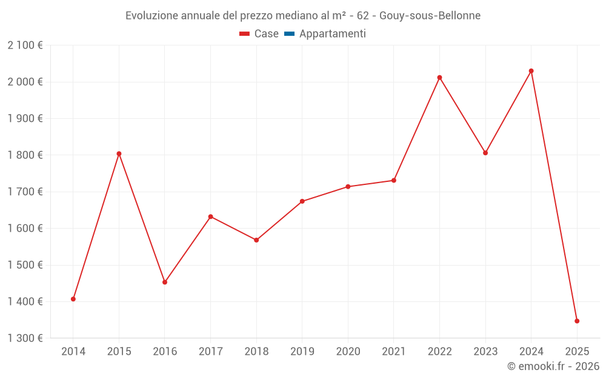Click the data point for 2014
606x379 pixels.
(x=73, y=299)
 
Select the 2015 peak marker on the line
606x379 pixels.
(x=119, y=153)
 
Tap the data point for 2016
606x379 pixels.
(x=165, y=282)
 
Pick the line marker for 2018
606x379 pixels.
(x=256, y=240)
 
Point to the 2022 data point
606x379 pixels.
(x=439, y=78)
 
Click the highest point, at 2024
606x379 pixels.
(x=531, y=71)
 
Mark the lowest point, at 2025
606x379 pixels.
(x=577, y=321)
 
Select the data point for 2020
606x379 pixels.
(x=348, y=187)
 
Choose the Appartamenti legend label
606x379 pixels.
(x=332, y=34)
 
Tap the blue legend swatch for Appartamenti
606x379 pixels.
(x=289, y=34)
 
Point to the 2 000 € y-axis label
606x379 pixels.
(x=25, y=82)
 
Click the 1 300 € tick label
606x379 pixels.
(x=25, y=338)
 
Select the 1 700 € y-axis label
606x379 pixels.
(x=25, y=192)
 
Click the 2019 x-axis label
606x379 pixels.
(x=302, y=351)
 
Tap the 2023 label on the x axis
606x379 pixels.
(x=485, y=351)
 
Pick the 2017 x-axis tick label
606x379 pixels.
(x=210, y=351)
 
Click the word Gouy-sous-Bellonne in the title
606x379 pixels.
(x=430, y=15)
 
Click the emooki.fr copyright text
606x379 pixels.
(x=553, y=366)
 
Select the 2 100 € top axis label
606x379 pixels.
(x=25, y=45)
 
